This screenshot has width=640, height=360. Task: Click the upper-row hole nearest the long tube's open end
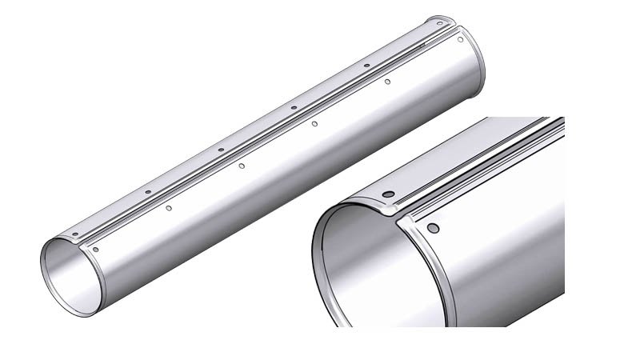(x=74, y=234)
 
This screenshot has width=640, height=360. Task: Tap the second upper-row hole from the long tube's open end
(x=148, y=192)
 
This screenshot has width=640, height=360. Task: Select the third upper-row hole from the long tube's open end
(x=221, y=150)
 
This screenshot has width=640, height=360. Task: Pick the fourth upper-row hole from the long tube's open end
(x=294, y=107)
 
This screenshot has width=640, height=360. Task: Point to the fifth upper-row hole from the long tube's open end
(x=366, y=66)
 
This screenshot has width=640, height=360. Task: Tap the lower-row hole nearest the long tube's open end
(x=96, y=250)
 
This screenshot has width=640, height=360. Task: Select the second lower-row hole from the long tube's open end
(x=169, y=208)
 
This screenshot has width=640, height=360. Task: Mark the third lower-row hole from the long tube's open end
(x=242, y=166)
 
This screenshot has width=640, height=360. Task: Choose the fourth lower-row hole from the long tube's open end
(x=314, y=123)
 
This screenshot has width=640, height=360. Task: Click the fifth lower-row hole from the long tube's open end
(x=387, y=82)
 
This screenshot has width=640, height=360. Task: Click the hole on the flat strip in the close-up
(x=387, y=195)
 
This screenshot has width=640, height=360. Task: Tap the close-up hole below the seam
(x=433, y=228)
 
